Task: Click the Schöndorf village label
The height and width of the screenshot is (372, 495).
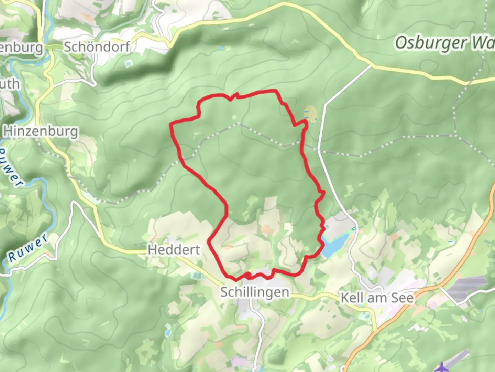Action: coord(97,47)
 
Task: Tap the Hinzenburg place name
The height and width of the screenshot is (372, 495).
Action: coord(41,131)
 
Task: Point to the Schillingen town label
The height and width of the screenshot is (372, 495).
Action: coord(255,292)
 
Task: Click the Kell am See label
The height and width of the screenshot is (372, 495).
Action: coord(377,298)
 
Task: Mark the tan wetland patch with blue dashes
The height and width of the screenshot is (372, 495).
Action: coord(310,114)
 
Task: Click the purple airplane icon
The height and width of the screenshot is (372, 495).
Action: coord(440,366)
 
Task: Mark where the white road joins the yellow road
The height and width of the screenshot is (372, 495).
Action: coord(371,65)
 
